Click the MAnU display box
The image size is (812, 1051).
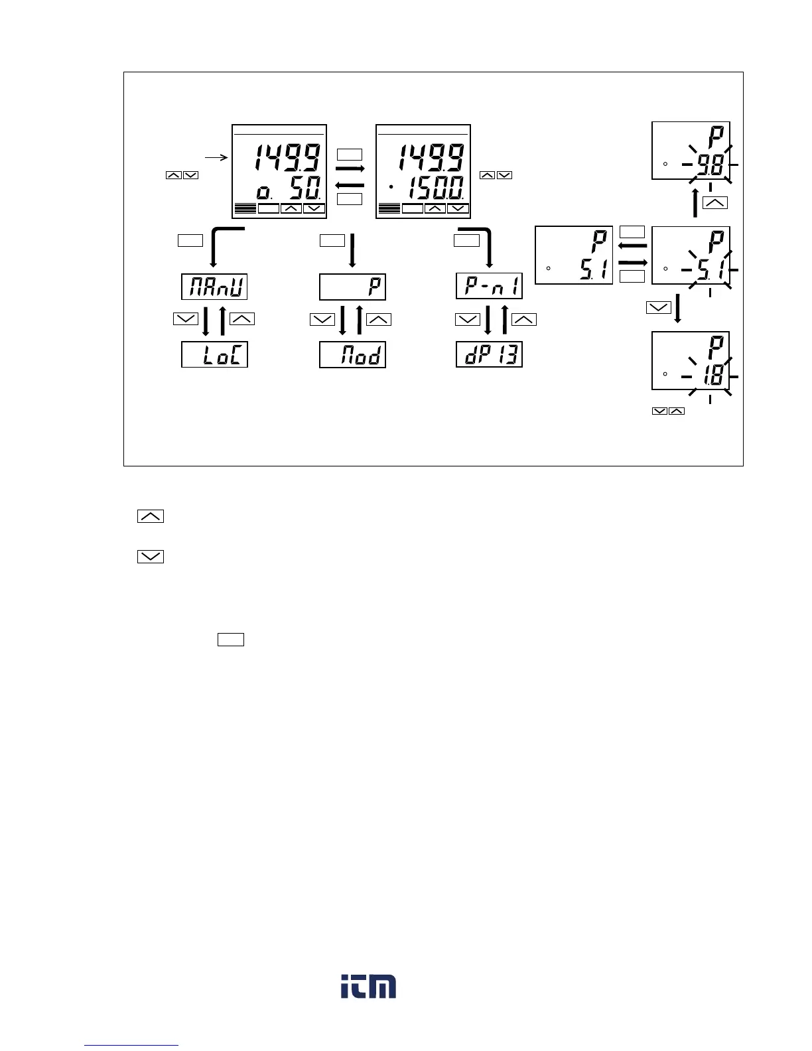tap(214, 287)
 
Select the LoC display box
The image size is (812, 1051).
tap(214, 355)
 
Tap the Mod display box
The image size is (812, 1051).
tap(352, 355)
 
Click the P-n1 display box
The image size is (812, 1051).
tap(490, 287)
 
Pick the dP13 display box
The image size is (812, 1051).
tap(490, 355)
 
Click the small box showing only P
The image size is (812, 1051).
tap(352, 287)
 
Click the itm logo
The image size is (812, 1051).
tap(369, 987)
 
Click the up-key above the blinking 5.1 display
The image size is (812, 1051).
tap(714, 203)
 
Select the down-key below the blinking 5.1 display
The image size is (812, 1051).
tap(658, 307)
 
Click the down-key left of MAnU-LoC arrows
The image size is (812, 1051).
tap(185, 319)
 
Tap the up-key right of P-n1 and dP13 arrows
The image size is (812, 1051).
tap(524, 319)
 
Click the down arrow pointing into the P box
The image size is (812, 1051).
tap(352, 250)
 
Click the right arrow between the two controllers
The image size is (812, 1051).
tap(350, 170)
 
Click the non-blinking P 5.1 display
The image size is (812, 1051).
tap(574, 255)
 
